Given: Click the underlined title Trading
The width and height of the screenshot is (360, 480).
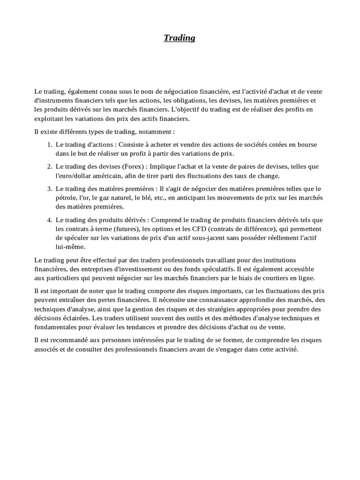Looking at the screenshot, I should click(x=180, y=38).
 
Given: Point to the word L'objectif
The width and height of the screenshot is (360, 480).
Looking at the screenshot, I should click(x=184, y=109).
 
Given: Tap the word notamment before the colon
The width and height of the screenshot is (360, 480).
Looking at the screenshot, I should click(x=154, y=132).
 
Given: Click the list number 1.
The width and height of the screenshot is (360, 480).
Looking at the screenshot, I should click(x=49, y=144).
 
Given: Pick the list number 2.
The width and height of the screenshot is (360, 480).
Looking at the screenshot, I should click(x=49, y=166).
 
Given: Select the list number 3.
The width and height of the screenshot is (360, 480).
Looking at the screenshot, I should click(x=49, y=188).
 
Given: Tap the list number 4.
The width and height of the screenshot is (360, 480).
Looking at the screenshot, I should click(x=49, y=219).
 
